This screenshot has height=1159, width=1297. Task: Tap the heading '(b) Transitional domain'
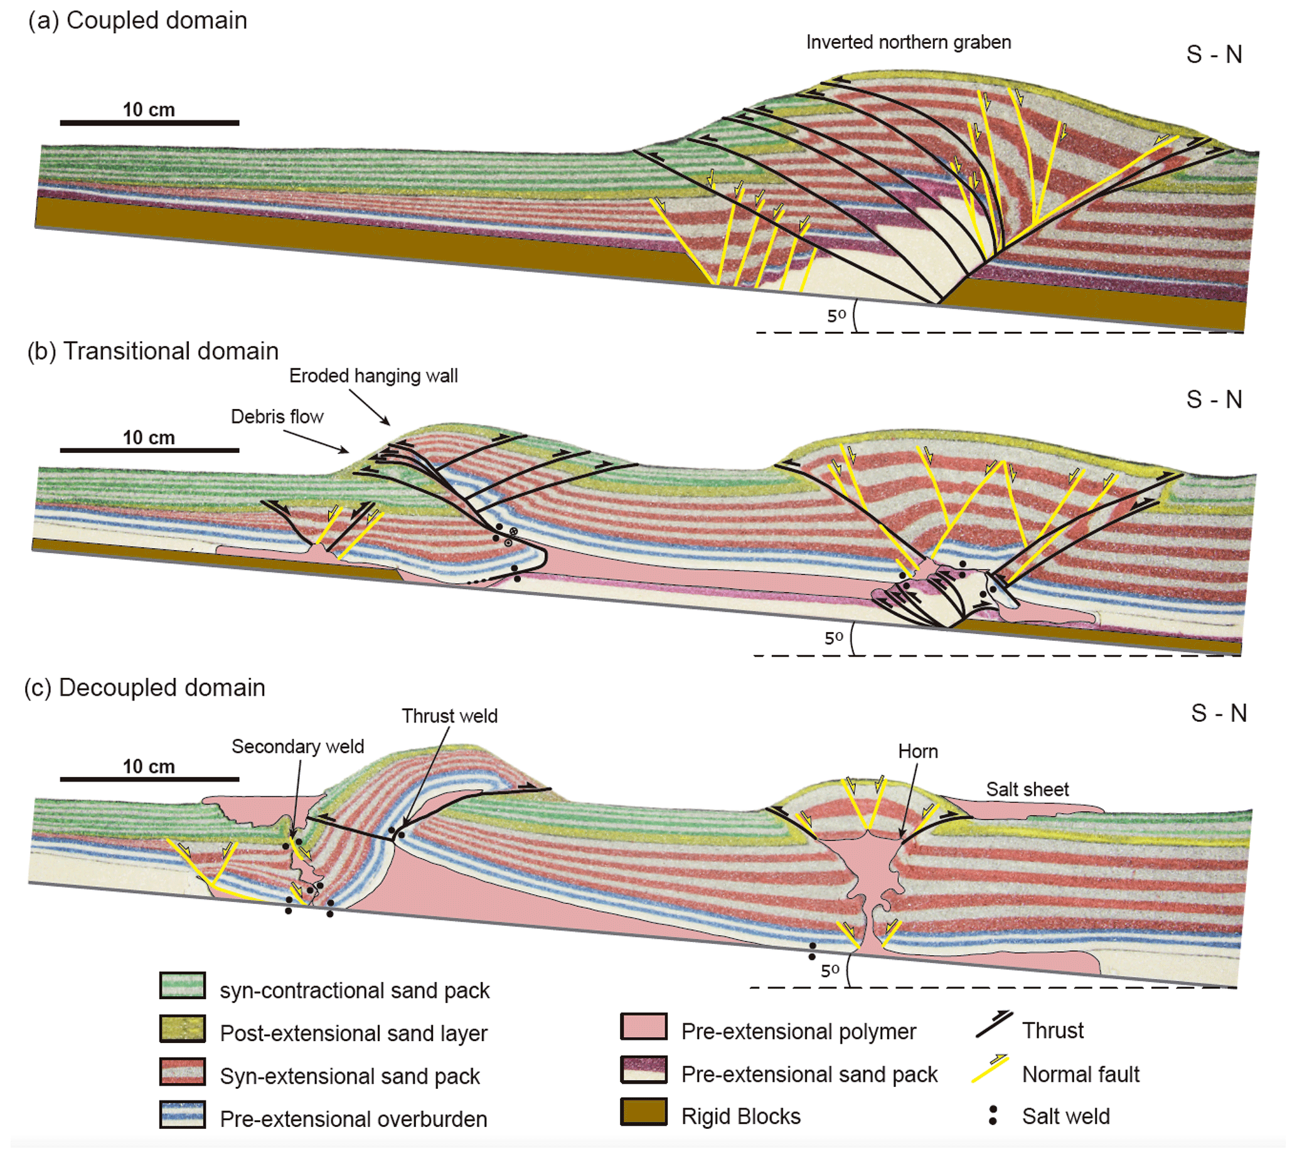click(152, 351)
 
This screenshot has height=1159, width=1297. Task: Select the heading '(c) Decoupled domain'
click(144, 688)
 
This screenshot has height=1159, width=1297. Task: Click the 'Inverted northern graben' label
click(908, 42)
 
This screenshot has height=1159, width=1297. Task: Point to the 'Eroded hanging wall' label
click(373, 376)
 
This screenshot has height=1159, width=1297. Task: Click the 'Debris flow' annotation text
click(277, 416)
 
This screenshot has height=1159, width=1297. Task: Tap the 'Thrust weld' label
click(449, 716)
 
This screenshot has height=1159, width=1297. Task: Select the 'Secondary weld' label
click(297, 746)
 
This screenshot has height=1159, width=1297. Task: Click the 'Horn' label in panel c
click(917, 751)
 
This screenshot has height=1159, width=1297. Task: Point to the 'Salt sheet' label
click(1027, 790)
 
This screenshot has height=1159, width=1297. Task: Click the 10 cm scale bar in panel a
click(149, 122)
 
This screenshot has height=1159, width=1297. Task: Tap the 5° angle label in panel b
click(833, 637)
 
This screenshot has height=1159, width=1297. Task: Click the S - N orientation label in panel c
click(1219, 713)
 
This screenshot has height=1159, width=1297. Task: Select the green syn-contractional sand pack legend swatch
click(182, 985)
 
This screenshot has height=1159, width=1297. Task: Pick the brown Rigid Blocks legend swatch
click(643, 1112)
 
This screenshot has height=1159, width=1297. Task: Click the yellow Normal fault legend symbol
click(990, 1069)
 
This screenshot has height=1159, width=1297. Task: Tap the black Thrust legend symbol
click(993, 1025)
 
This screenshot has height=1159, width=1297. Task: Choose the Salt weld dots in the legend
click(993, 1115)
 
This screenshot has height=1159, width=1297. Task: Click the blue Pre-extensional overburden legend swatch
click(182, 1114)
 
